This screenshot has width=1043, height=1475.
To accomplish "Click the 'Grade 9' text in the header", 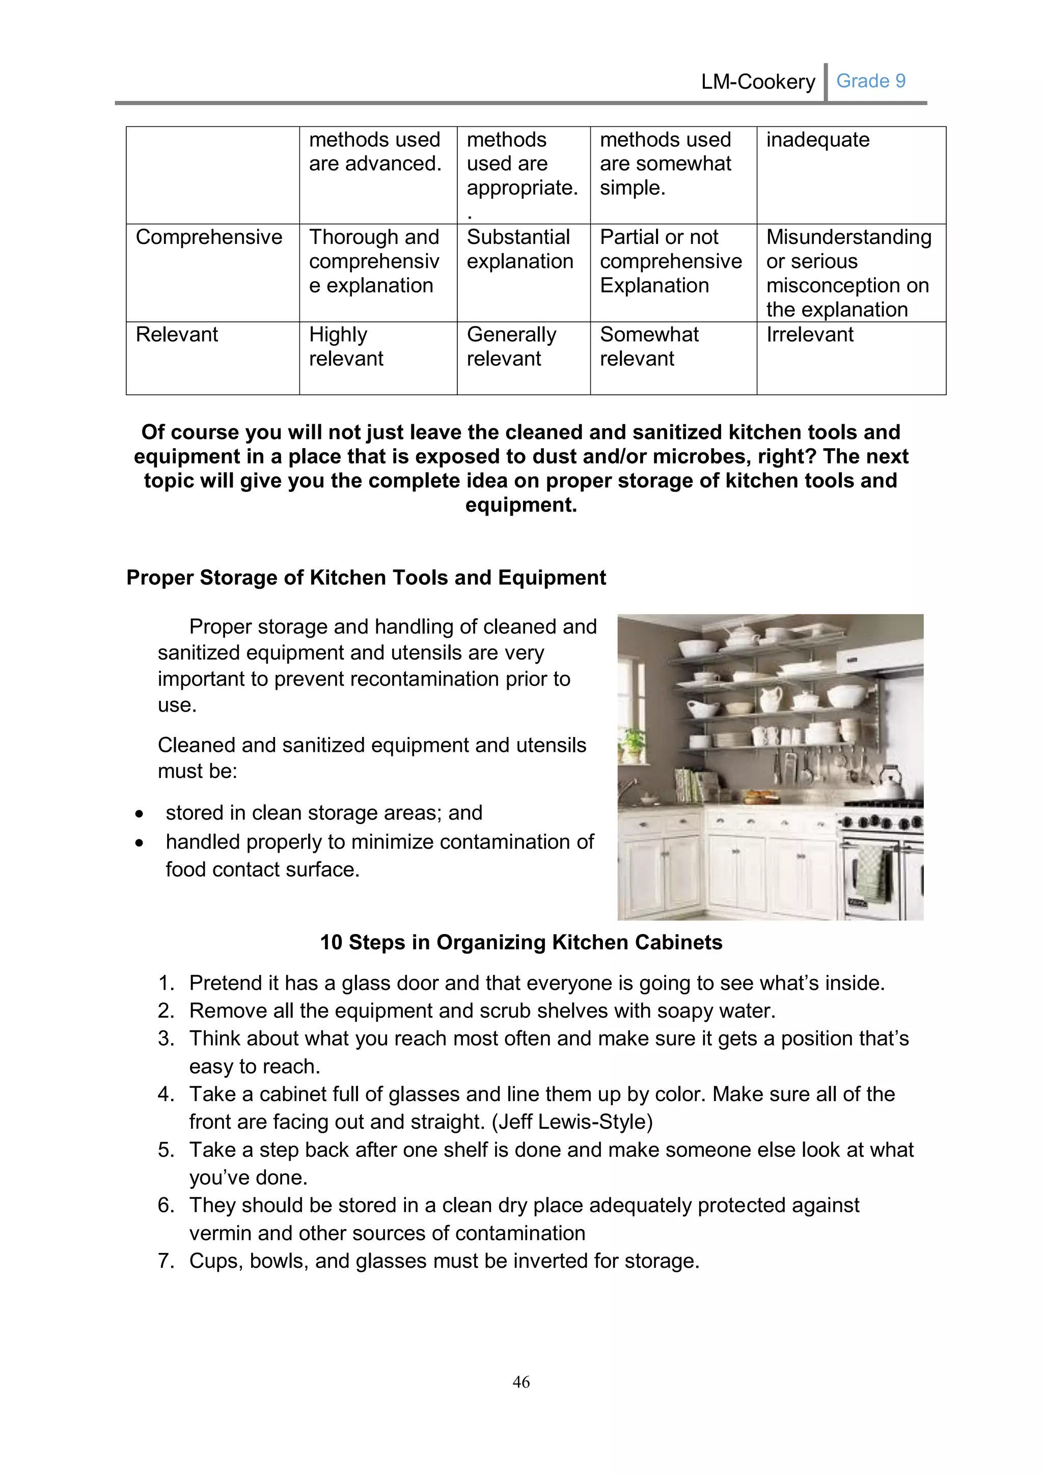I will point(870,81).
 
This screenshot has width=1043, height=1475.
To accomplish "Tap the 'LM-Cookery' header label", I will point(758,81).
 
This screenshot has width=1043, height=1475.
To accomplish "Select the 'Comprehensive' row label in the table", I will point(209,237).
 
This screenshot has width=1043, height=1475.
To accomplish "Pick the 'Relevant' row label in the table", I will point(177,335).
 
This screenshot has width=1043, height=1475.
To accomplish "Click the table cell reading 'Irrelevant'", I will point(809,335).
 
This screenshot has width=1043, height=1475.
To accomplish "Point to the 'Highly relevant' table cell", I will point(346,346).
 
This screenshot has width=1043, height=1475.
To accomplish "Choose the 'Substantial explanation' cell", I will point(519,249).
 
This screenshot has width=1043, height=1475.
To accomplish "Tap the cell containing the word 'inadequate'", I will point(817,140).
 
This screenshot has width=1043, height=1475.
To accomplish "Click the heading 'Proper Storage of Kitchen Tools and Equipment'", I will point(366,578).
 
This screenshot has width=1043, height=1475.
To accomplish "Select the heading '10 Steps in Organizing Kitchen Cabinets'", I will point(521,942).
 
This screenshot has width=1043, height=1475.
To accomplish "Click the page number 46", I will point(521,1382).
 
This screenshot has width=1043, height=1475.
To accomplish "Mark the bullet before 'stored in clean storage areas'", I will point(140,814).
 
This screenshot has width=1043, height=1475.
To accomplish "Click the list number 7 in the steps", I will point(166,1261).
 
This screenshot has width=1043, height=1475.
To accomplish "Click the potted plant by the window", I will point(633,745).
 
